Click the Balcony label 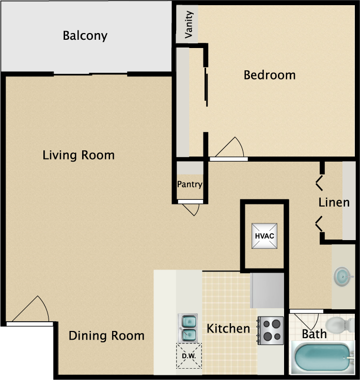tap(85, 36)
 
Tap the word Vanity tap(189, 24)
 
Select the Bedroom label tap(270, 75)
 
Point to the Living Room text tap(79, 155)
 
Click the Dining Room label tap(106, 336)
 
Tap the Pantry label tap(190, 185)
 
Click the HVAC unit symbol tap(264, 236)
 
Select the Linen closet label tap(334, 202)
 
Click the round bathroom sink tap(342, 277)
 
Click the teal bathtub tap(323, 357)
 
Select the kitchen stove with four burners tap(270, 330)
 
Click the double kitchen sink tap(187, 328)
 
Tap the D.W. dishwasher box tap(189, 356)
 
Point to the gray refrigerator tap(267, 291)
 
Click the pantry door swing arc tap(194, 210)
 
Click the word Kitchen tap(228, 328)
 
